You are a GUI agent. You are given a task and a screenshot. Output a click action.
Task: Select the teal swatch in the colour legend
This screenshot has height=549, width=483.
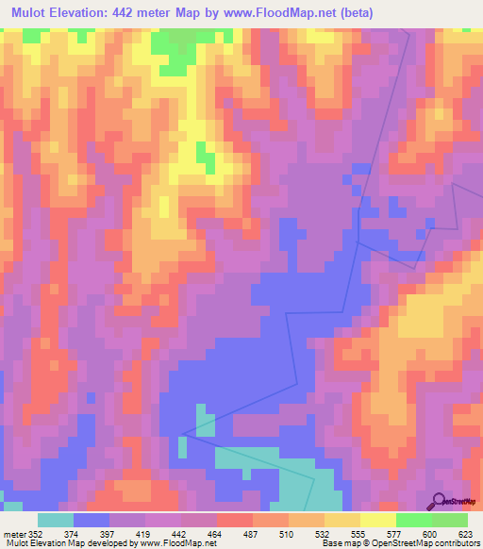(55, 520)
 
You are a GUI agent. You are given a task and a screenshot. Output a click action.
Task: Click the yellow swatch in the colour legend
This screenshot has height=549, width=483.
(378, 520)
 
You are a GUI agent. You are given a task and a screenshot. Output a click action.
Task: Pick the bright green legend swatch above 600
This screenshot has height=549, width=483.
(414, 520)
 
